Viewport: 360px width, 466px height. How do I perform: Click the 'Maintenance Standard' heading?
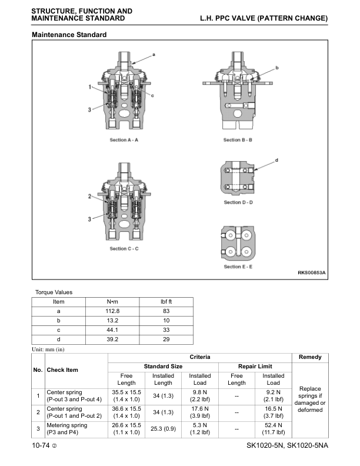pyautogui.click(x=69, y=35)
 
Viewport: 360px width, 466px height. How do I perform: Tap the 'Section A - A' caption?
pyautogui.click(x=124, y=140)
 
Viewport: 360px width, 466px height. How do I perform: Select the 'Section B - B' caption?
pyautogui.click(x=238, y=140)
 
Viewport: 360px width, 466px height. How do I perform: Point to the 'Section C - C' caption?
pyautogui.click(x=124, y=249)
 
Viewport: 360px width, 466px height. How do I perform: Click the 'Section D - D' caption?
pyautogui.click(x=238, y=202)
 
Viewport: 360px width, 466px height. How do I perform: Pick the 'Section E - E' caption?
pyautogui.click(x=238, y=267)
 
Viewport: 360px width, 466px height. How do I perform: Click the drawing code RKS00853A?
pyautogui.click(x=311, y=273)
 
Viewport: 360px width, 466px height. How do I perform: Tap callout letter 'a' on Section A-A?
pyautogui.click(x=154, y=54)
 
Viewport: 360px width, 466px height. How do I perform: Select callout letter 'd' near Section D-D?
pyautogui.click(x=276, y=159)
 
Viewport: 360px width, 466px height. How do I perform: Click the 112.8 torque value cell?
pyautogui.click(x=112, y=311)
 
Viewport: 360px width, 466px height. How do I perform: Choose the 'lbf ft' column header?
pyautogui.click(x=166, y=301)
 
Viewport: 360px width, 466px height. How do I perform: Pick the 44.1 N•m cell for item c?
pyautogui.click(x=112, y=329)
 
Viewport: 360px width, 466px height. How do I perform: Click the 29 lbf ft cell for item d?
pyautogui.click(x=166, y=339)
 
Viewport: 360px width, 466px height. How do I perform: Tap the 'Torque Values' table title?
pyautogui.click(x=54, y=292)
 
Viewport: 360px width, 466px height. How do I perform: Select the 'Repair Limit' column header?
pyautogui.click(x=255, y=367)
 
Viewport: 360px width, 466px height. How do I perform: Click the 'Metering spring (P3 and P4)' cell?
pyautogui.click(x=67, y=428)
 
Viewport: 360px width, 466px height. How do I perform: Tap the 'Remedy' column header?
pyautogui.click(x=310, y=357)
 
